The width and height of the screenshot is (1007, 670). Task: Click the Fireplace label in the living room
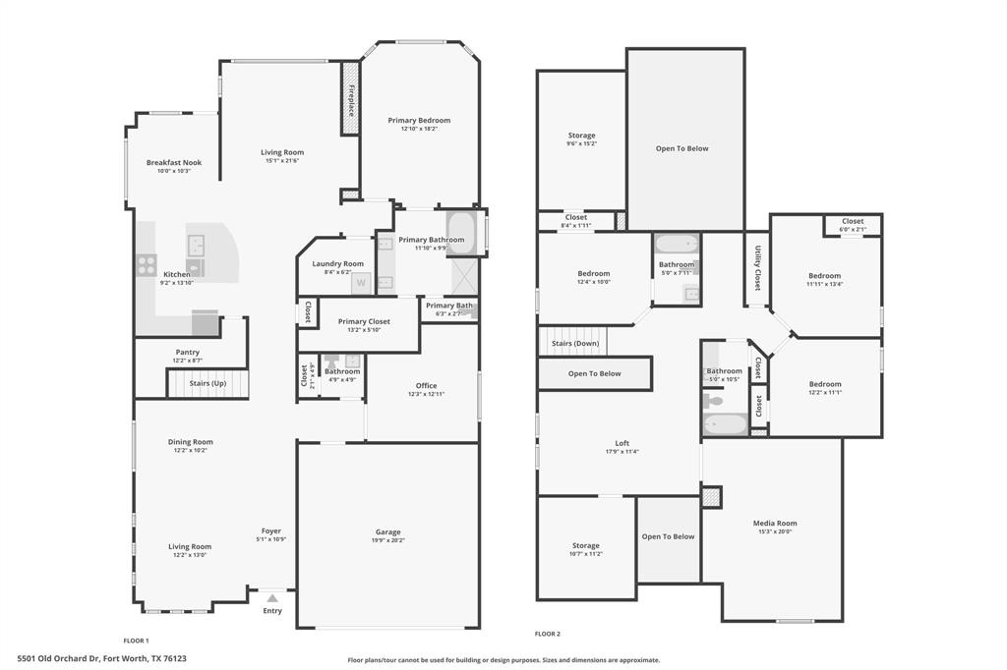(350, 99)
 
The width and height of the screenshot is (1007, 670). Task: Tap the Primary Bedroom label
(419, 120)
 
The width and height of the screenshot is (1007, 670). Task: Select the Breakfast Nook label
(174, 162)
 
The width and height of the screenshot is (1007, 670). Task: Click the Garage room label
(388, 532)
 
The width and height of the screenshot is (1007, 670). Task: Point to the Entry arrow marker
(272, 597)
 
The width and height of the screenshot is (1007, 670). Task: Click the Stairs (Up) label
(205, 382)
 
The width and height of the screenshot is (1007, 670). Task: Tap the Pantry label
(187, 352)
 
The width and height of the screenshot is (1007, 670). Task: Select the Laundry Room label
(337, 263)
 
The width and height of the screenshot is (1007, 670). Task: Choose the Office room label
(426, 385)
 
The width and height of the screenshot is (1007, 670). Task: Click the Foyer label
(270, 530)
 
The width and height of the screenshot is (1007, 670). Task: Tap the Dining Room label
(190, 442)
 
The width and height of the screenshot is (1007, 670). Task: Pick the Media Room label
(775, 524)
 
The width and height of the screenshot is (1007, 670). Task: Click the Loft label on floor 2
(622, 443)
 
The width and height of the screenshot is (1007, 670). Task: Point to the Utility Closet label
(757, 267)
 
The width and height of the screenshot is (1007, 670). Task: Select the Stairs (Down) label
(574, 343)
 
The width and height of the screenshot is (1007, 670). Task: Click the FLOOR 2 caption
(547, 634)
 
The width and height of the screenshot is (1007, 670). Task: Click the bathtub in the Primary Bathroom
(460, 234)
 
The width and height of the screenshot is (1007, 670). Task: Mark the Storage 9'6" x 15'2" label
(581, 136)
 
